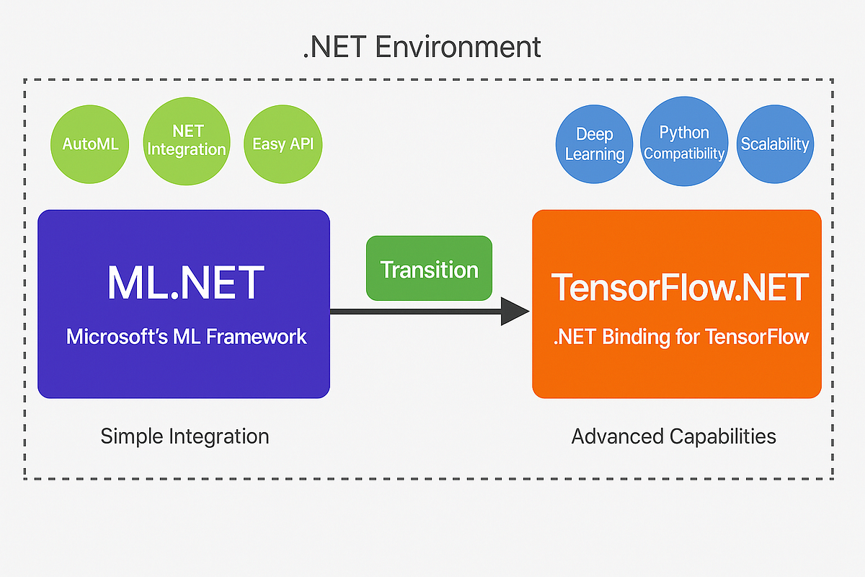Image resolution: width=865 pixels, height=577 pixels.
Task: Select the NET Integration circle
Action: [x=187, y=141]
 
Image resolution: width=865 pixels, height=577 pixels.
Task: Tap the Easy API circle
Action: [x=283, y=144]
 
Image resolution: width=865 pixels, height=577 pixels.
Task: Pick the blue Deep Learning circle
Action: [x=595, y=144]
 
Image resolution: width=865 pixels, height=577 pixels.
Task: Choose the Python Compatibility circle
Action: [x=684, y=143]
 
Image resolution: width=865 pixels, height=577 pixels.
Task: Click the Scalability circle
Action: [x=775, y=144]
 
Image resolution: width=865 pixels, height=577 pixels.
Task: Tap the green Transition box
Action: [x=429, y=268]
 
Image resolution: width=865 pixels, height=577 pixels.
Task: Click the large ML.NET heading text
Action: [x=185, y=283]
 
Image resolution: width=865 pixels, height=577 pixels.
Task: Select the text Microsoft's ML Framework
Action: [x=186, y=336]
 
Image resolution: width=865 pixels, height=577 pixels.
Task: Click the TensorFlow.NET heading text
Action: [x=680, y=286]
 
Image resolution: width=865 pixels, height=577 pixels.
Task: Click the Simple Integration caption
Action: [x=185, y=436]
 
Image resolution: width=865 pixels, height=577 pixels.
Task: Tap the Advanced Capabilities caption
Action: [x=673, y=436]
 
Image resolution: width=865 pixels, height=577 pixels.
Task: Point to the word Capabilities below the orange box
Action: [x=723, y=436]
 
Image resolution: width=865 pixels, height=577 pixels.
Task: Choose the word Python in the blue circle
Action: [x=684, y=133]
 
